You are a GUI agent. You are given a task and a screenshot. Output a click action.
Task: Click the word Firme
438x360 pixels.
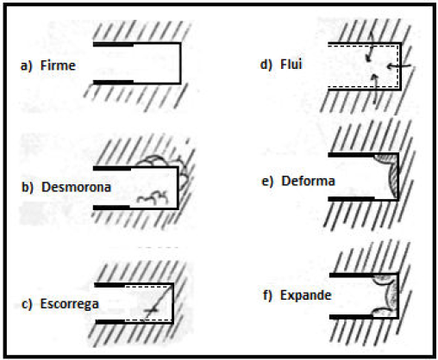click(x=58, y=65)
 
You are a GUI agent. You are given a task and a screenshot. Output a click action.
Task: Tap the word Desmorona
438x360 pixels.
click(x=76, y=187)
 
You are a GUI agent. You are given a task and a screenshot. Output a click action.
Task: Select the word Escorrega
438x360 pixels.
click(x=70, y=304)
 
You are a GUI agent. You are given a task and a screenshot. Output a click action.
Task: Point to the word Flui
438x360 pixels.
click(x=291, y=64)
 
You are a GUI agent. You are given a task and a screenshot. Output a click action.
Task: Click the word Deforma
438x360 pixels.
click(x=308, y=181)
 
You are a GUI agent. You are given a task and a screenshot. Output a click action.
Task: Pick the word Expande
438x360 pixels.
click(x=306, y=295)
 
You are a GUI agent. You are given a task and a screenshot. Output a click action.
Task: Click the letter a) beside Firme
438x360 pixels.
click(x=26, y=66)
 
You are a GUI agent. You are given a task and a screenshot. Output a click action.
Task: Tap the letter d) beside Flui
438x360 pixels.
click(x=266, y=65)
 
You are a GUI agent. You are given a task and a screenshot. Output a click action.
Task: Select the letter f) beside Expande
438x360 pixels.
click(x=267, y=295)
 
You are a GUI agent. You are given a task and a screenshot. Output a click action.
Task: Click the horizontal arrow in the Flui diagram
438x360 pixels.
click(x=399, y=66)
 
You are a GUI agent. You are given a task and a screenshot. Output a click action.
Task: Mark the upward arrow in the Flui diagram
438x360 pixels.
click(x=374, y=89)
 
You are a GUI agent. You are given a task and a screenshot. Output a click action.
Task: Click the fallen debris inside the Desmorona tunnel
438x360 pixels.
click(x=153, y=198)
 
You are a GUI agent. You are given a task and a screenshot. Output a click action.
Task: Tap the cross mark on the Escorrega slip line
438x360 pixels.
click(x=151, y=310)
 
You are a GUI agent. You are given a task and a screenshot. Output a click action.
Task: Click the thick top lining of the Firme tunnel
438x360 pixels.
click(x=113, y=45)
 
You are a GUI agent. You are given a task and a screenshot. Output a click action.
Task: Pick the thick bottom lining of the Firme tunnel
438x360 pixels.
click(x=113, y=83)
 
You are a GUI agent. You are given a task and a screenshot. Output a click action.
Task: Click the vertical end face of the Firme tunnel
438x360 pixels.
click(x=180, y=63)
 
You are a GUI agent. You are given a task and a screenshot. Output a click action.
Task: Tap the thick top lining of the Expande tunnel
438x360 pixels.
click(x=352, y=275)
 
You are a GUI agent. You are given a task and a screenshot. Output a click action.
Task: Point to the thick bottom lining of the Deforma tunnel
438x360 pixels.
click(x=351, y=199)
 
